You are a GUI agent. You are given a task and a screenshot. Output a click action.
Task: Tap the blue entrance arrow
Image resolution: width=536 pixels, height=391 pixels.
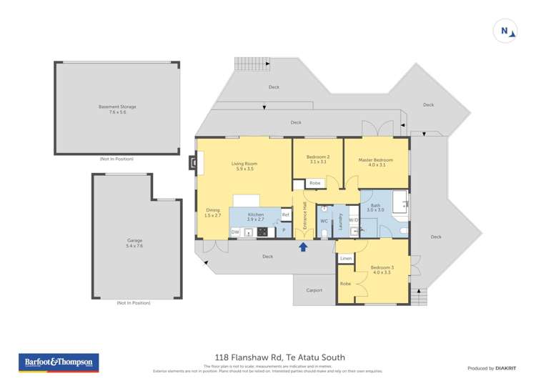coord(303,247)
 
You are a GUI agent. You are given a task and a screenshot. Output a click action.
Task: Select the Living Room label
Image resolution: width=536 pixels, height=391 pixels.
coord(244,167)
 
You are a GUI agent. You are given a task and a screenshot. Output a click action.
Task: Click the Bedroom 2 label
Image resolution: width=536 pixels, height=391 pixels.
coord(317,159)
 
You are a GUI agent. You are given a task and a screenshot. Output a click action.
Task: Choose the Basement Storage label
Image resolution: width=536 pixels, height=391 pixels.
coord(117,109)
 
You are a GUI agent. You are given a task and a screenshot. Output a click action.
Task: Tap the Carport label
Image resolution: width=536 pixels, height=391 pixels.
coord(314,290)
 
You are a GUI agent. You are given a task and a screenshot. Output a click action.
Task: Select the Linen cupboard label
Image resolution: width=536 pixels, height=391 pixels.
coord(346,258)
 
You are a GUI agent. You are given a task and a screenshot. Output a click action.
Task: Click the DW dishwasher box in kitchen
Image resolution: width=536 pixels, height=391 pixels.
coord(235,232)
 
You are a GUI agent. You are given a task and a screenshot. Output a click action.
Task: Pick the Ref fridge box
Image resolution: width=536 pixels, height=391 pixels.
coord(285,214)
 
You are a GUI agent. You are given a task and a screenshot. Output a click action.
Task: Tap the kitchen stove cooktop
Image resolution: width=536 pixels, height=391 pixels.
coord(262,232)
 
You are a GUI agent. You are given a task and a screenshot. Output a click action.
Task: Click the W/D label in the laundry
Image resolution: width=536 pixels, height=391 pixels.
coord(354,220)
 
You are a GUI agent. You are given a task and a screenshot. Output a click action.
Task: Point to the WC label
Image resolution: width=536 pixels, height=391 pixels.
coord(324,221)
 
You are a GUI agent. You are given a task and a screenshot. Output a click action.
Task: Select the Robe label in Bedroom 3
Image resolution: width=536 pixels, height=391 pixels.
coord(345,284)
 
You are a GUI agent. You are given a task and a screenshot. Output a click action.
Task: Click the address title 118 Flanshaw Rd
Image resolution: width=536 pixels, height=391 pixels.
coord(279,357)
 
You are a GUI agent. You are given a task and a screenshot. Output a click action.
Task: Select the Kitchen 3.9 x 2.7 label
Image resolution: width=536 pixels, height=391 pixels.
coord(255,217)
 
